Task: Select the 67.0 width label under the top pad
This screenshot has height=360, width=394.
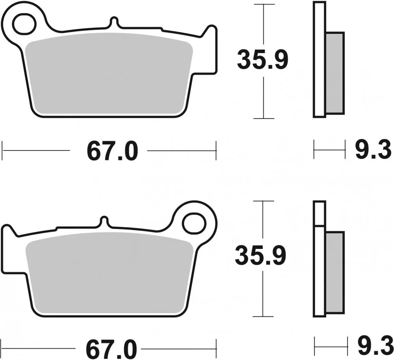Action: [112, 151]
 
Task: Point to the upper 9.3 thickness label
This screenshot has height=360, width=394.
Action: [373, 151]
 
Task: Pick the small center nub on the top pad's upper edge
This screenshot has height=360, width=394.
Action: [113, 22]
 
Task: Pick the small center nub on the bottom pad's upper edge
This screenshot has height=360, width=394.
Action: [104, 221]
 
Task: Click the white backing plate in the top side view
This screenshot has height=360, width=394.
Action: [320, 59]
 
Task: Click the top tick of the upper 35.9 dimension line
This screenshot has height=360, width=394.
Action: [263, 5]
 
